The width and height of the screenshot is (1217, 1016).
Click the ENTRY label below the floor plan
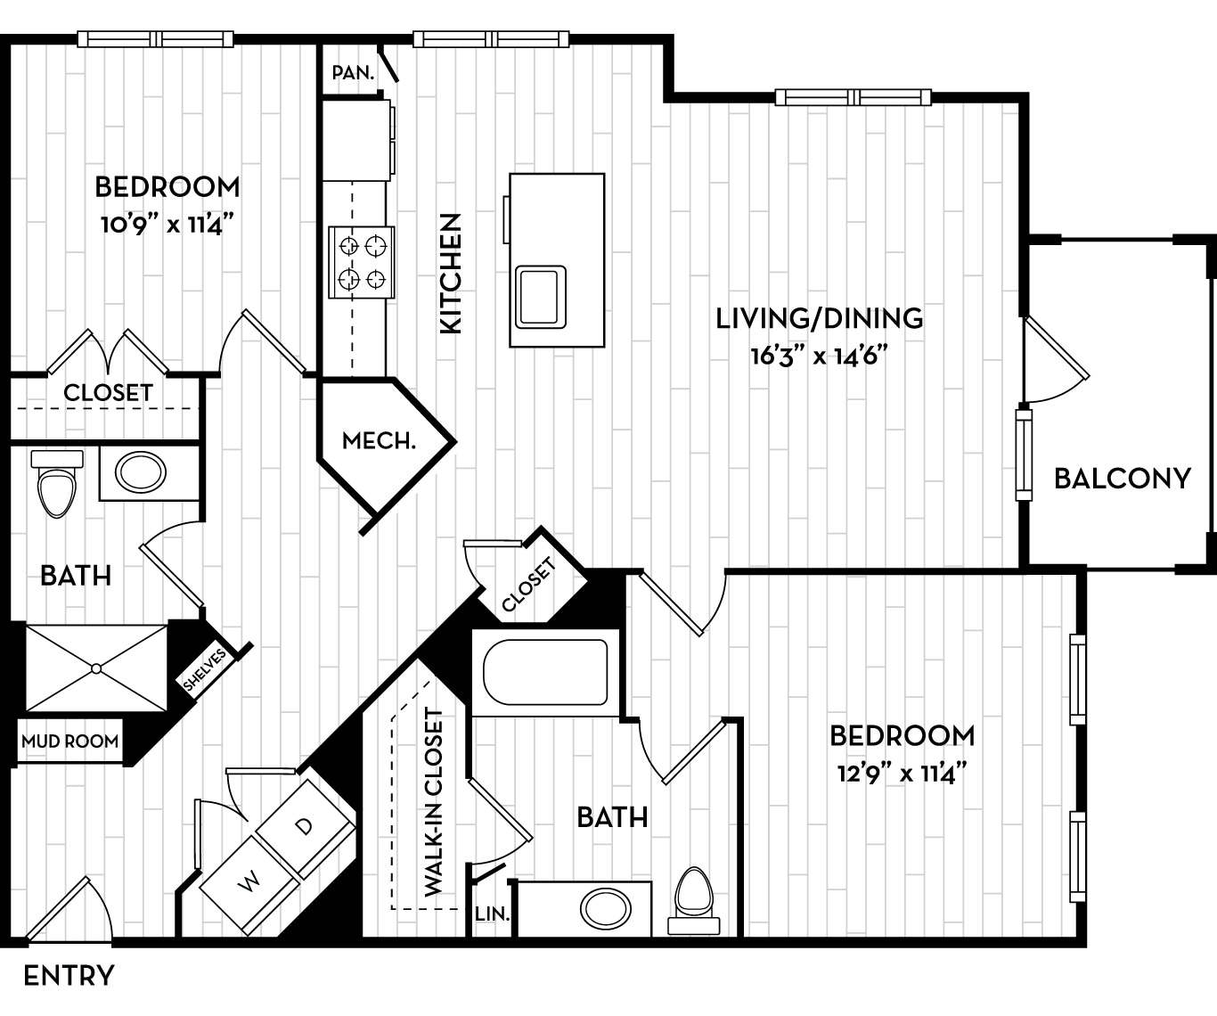(69, 976)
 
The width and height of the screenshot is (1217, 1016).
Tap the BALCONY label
(1122, 479)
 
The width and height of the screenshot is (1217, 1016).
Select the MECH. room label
(379, 440)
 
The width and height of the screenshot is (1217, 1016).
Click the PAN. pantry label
(353, 73)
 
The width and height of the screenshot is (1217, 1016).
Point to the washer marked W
(249, 882)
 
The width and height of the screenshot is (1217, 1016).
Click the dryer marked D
(305, 826)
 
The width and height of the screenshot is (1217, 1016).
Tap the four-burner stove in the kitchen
(362, 262)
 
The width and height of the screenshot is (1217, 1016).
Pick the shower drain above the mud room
(95, 668)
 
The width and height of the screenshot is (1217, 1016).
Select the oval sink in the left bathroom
(141, 472)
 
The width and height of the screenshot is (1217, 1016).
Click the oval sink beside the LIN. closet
(606, 909)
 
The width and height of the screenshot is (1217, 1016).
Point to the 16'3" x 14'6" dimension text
(820, 356)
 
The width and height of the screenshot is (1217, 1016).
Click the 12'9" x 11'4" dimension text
(902, 773)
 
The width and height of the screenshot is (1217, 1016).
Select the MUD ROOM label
(69, 742)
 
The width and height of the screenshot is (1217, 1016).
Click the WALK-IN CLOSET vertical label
(434, 802)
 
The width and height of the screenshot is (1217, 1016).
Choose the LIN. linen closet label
(492, 914)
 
